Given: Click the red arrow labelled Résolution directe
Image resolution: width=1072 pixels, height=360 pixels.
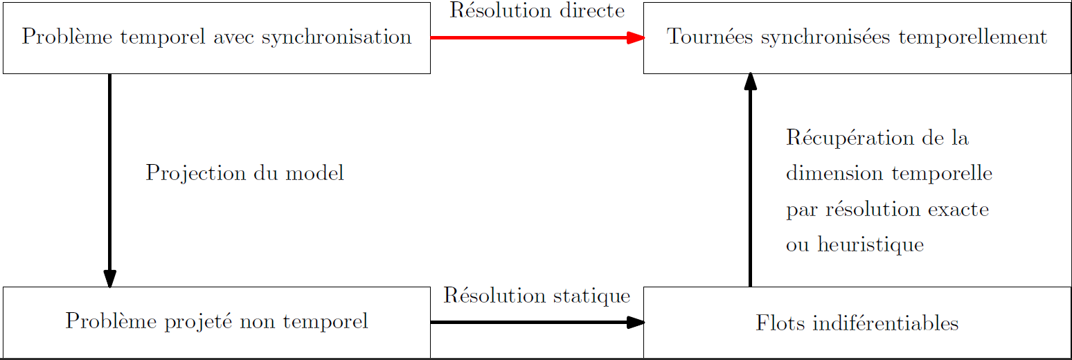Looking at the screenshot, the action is click(x=537, y=37).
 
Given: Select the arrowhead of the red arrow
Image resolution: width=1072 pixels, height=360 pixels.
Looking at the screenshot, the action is click(x=636, y=37).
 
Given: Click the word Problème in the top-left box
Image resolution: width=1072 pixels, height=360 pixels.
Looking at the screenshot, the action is click(x=67, y=37).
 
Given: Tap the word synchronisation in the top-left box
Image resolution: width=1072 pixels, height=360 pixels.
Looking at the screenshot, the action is click(x=337, y=37).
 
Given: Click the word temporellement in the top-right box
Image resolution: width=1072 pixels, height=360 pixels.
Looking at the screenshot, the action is click(x=973, y=37).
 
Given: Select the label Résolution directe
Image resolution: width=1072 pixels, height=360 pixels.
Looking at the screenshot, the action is click(x=537, y=10).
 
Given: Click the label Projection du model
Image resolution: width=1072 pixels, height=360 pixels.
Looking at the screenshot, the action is click(x=244, y=173).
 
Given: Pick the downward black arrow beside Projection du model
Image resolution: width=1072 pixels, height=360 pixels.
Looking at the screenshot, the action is click(x=110, y=181).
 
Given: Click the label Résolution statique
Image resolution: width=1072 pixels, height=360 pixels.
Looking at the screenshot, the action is click(x=537, y=296).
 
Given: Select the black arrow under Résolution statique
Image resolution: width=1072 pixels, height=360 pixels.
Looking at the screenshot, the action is click(x=537, y=322).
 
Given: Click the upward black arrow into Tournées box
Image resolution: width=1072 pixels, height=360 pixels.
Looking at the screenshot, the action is click(x=751, y=180).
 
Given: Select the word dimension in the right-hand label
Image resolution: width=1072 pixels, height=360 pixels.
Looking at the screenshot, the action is click(x=834, y=173).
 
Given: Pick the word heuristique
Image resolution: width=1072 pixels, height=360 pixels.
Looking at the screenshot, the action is click(x=870, y=245).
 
